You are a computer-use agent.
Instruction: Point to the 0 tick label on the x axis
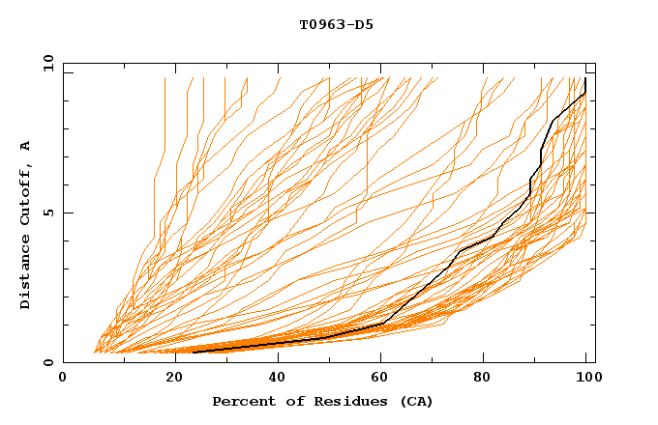(x=63, y=378)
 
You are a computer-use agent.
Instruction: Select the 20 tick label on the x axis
(x=168, y=378)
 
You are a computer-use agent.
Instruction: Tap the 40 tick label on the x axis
(x=273, y=378)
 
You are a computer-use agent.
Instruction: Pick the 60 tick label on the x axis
(x=377, y=378)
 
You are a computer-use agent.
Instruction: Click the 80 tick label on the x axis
(x=483, y=378)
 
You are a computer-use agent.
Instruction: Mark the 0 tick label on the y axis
(x=48, y=363)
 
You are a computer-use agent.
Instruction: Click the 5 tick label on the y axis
(x=48, y=212)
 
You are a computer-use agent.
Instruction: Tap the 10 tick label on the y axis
(x=45, y=63)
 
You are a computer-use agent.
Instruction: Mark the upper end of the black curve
(x=585, y=79)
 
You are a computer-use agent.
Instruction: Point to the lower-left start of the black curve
(x=194, y=352)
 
